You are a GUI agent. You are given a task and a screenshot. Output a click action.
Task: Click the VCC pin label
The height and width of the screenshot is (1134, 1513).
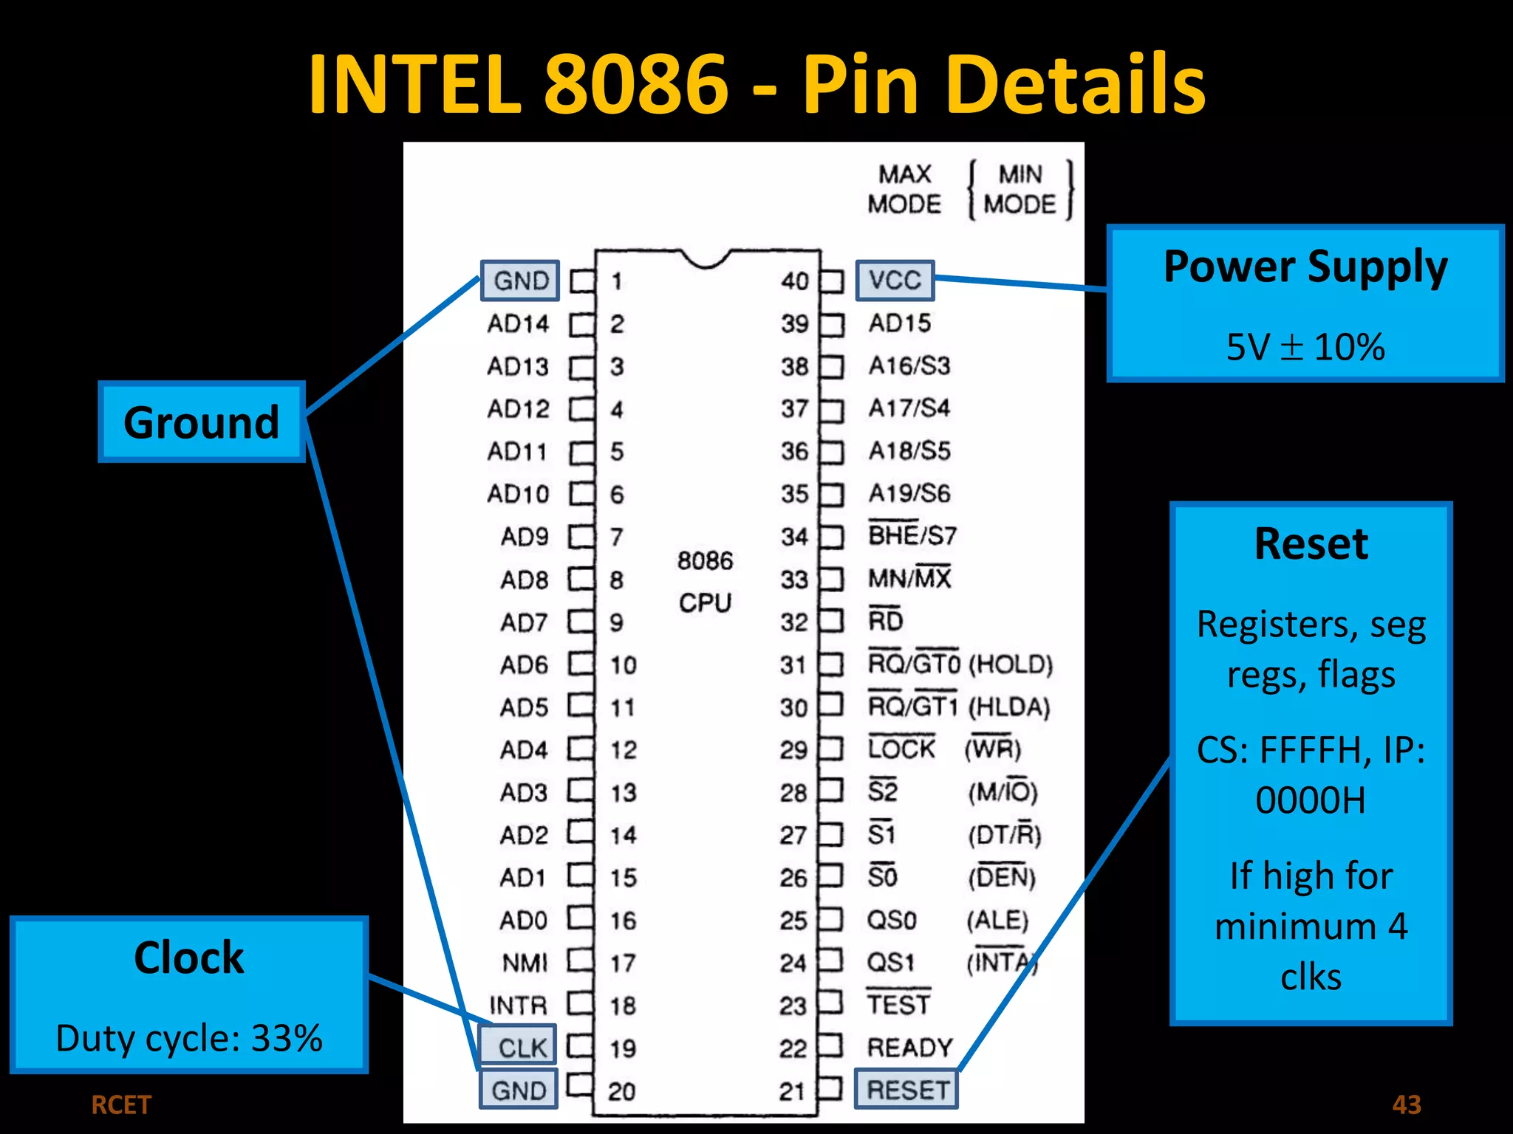[895, 281]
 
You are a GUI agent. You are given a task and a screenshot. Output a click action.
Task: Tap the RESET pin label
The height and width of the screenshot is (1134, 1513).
[906, 1090]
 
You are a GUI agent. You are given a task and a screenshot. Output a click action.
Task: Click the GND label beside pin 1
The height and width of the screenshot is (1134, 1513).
[521, 281]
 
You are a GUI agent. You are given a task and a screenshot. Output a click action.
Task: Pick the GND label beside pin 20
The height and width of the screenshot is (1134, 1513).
[519, 1090]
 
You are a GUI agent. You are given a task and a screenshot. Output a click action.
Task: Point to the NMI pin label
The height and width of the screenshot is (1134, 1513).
[525, 963]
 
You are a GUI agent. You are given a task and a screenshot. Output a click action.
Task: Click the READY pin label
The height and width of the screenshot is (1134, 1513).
[909, 1048]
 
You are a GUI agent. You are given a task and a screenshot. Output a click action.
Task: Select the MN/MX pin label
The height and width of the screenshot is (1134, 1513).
[909, 578]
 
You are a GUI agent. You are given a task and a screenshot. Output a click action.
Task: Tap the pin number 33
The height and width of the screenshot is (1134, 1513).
[794, 580]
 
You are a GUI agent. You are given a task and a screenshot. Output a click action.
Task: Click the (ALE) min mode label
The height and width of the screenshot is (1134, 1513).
[997, 920]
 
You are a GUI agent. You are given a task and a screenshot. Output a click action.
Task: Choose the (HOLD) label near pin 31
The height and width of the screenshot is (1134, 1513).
[1010, 664]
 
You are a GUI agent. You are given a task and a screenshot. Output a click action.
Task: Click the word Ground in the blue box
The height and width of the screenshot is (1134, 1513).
[202, 422]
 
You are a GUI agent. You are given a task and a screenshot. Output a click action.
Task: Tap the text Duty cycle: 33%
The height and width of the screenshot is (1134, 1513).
[189, 1038]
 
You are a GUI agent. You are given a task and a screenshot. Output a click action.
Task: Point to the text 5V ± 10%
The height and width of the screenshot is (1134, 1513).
[1305, 346]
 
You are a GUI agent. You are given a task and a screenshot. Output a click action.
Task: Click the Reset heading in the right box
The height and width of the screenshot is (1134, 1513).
[1311, 544]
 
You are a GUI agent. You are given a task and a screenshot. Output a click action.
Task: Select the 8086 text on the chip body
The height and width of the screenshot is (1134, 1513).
[705, 561]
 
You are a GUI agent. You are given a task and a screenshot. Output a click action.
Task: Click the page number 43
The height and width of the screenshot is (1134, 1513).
[1406, 1104]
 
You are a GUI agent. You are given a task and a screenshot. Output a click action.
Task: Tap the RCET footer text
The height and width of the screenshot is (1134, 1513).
[121, 1105]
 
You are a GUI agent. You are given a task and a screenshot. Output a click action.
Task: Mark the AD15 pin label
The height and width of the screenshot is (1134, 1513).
[899, 323]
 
